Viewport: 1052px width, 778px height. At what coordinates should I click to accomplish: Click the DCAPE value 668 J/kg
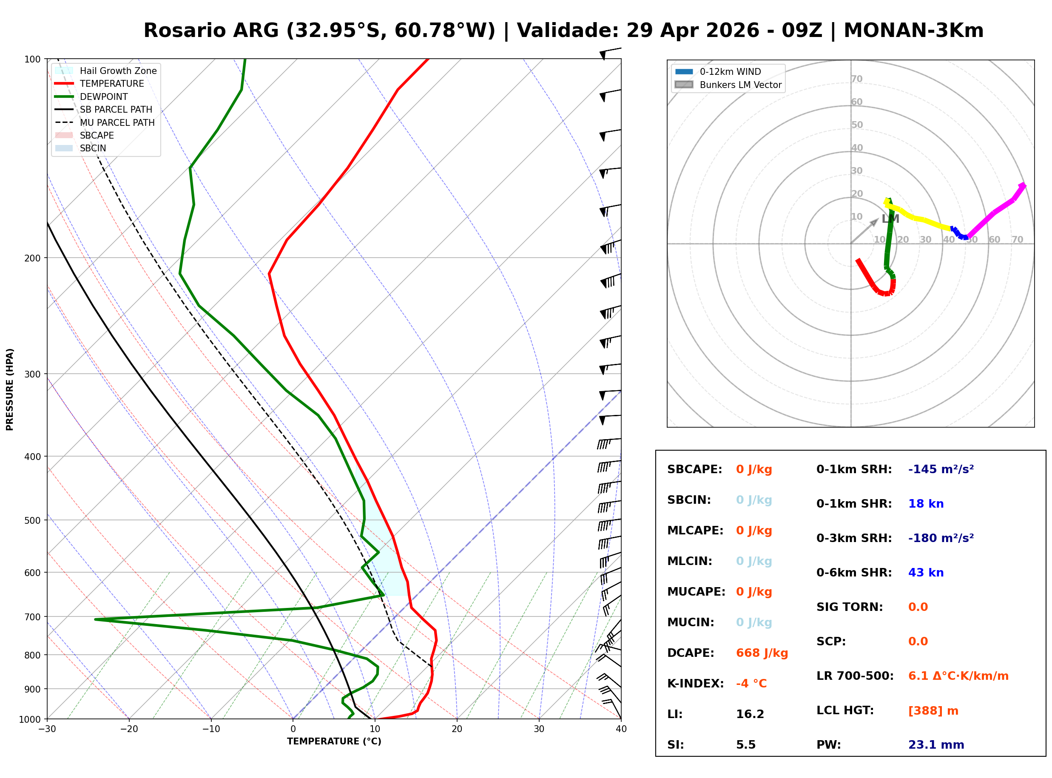point(762,653)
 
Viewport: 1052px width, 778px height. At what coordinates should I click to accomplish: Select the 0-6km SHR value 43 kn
point(925,573)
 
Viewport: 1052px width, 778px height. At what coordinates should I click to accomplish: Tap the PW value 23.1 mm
point(935,744)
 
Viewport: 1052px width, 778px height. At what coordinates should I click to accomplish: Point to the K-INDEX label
point(695,683)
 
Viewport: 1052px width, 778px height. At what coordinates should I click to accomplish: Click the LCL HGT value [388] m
point(933,711)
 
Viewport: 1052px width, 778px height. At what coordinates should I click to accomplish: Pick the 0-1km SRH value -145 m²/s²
point(941,469)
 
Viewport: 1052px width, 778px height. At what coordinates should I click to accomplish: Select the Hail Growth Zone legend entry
point(118,71)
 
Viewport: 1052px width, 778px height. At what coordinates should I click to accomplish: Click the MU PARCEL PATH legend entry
point(117,122)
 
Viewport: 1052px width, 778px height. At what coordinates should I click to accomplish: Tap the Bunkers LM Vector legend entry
point(740,85)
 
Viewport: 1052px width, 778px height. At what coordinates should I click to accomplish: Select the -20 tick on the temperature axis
point(129,729)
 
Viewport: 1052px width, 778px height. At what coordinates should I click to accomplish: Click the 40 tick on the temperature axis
point(621,729)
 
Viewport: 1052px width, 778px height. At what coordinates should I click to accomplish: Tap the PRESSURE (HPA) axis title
point(10,389)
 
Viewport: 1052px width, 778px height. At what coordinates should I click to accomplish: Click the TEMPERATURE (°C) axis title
point(334,741)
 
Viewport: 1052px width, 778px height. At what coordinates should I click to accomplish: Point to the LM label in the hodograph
point(890,219)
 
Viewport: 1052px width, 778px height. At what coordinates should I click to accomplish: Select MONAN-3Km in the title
point(913,31)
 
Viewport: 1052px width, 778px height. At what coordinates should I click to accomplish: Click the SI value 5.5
point(745,744)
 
